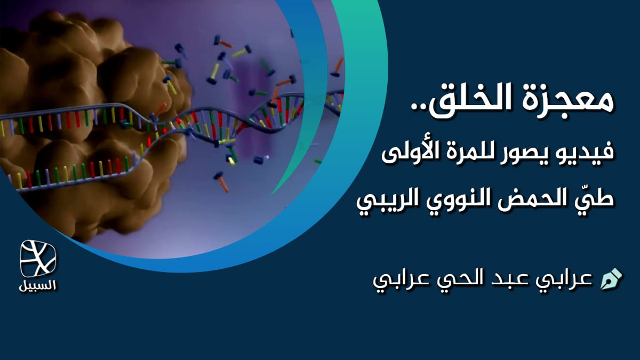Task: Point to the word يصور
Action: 533,154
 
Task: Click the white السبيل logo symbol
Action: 38,259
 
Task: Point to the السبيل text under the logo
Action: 38,285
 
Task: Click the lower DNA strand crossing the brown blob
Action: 80,173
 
